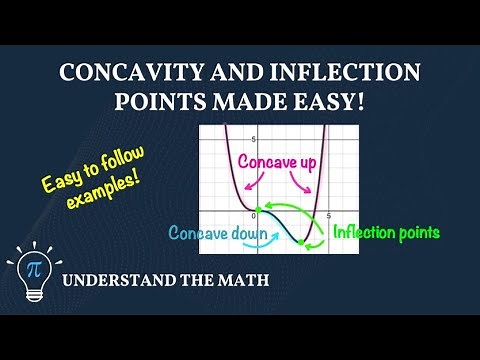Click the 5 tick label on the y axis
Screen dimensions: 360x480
[253, 139]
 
